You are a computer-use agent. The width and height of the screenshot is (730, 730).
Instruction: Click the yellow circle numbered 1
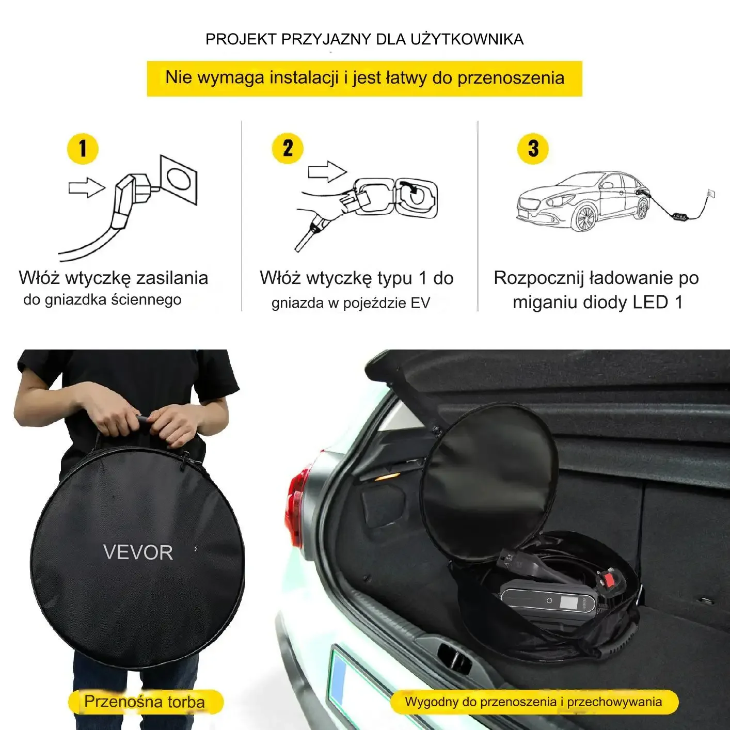(83, 149)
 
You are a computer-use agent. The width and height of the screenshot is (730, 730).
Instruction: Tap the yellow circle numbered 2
(288, 148)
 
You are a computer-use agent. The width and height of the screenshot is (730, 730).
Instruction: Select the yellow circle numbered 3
(533, 149)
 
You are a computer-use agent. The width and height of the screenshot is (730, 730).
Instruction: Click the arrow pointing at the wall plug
(87, 187)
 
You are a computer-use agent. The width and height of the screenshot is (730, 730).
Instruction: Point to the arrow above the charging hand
(327, 171)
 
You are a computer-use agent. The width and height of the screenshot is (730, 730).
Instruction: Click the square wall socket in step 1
(179, 180)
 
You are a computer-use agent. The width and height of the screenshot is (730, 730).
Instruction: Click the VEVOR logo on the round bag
(138, 553)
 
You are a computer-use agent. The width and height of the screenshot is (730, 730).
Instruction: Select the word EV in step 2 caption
(420, 303)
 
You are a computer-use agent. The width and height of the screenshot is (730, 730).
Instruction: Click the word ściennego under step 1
(147, 299)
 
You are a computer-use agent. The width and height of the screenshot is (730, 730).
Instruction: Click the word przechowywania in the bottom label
(614, 702)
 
